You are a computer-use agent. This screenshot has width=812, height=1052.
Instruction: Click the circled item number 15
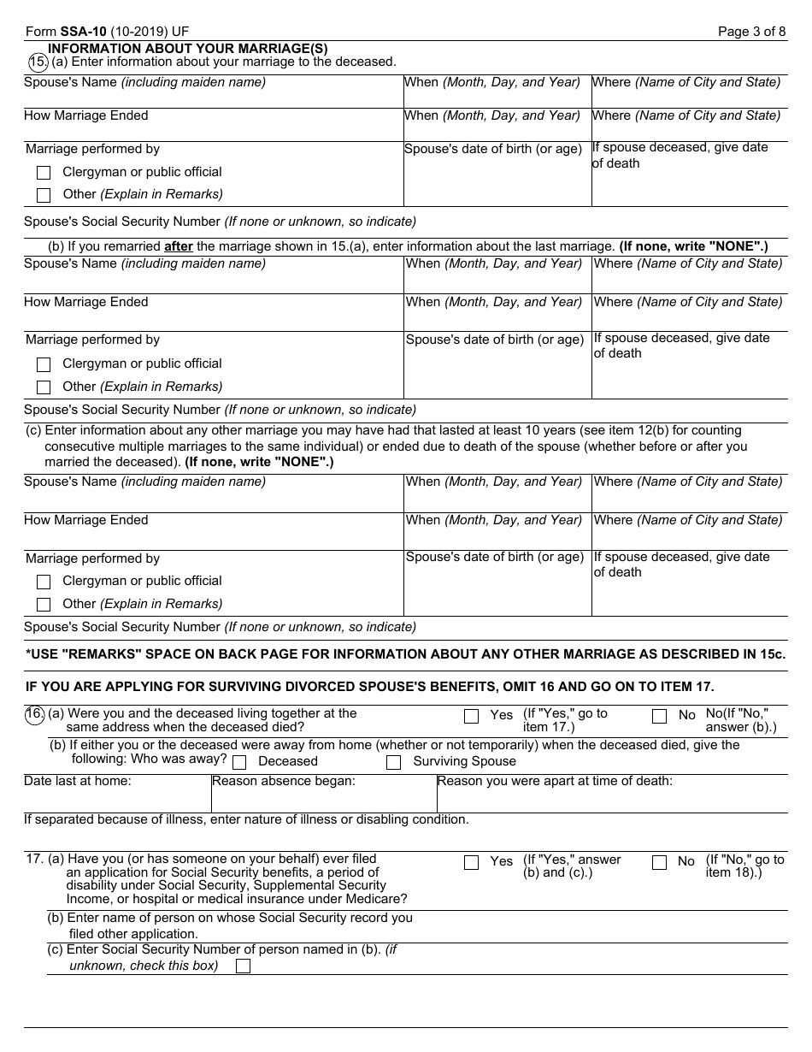(38, 62)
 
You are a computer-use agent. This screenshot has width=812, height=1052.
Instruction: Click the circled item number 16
(35, 713)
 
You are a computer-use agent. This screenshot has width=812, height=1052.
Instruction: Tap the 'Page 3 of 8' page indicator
(751, 32)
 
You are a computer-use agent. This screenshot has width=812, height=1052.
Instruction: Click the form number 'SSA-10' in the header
(83, 32)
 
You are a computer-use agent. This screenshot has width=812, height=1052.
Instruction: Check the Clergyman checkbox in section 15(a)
(44, 173)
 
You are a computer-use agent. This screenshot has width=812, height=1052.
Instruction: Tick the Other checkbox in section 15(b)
(44, 387)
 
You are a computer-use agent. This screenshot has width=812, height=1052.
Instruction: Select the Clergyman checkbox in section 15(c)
(44, 582)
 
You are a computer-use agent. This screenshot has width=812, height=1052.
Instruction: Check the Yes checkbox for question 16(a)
(471, 717)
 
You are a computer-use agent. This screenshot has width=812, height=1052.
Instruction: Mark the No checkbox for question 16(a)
(659, 717)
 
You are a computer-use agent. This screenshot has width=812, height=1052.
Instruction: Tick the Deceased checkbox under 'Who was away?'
(239, 762)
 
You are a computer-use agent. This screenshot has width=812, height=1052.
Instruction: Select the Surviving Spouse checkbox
(393, 762)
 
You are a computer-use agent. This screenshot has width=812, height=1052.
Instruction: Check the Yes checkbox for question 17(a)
(471, 863)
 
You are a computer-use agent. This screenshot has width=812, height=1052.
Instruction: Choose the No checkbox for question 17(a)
(659, 863)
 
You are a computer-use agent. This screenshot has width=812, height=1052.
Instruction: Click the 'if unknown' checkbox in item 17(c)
(243, 966)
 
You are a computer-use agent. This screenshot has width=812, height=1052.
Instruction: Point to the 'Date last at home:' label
(78, 781)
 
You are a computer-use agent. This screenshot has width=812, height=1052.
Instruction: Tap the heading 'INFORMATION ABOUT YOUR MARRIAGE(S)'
(188, 49)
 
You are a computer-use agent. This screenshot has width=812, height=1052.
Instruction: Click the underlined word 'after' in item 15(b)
(179, 246)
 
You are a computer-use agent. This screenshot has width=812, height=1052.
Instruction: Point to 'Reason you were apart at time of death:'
(555, 781)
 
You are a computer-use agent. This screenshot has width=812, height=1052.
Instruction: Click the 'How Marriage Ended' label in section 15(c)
(86, 520)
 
